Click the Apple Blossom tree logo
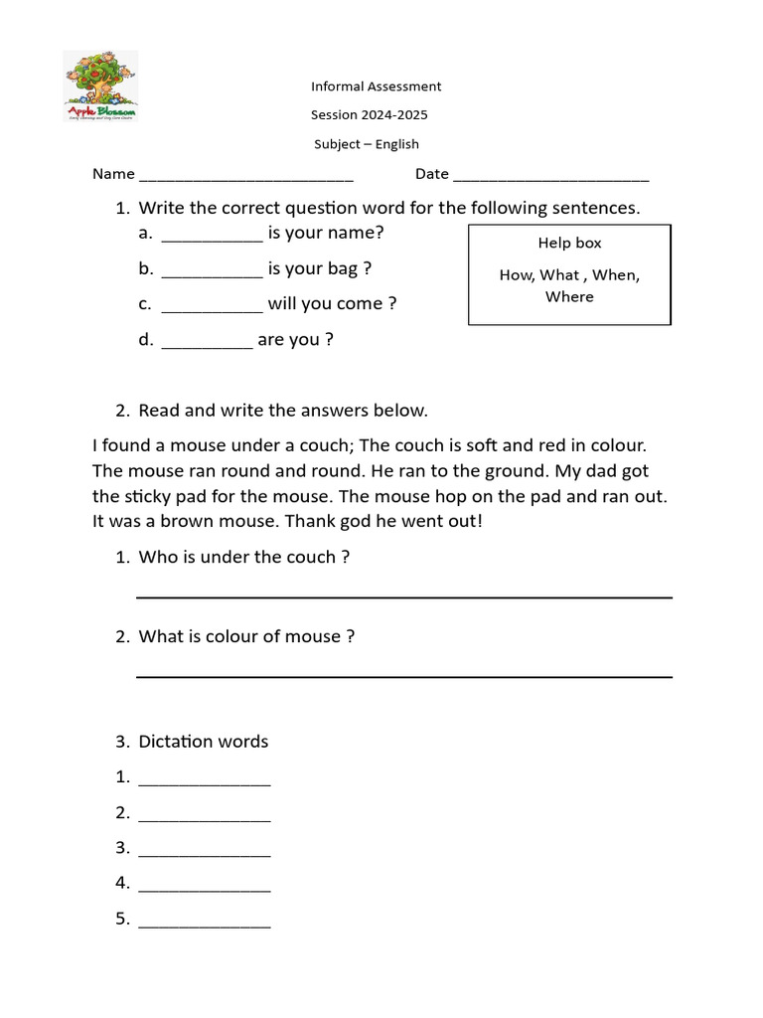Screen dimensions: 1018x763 point(100,87)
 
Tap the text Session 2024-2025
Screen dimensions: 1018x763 point(371,115)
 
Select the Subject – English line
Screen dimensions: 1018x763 point(367,144)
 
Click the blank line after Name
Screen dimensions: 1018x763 point(246,176)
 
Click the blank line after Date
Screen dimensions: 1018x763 point(550,176)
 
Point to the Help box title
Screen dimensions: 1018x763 point(569,244)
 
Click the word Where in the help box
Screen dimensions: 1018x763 point(569,297)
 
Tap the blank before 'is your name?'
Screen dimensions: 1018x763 point(212,236)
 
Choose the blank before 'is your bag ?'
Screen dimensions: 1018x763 point(212,270)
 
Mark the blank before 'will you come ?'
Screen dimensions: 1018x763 point(212,306)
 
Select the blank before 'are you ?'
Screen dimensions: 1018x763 point(207,342)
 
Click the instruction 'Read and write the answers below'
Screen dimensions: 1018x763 point(283,411)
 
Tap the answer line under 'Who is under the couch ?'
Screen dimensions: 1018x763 point(403,595)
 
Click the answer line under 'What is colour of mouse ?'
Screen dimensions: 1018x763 point(403,675)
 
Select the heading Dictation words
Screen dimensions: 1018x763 point(204,742)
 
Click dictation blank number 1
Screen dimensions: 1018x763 point(205,780)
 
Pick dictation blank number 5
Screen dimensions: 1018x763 point(205,923)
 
